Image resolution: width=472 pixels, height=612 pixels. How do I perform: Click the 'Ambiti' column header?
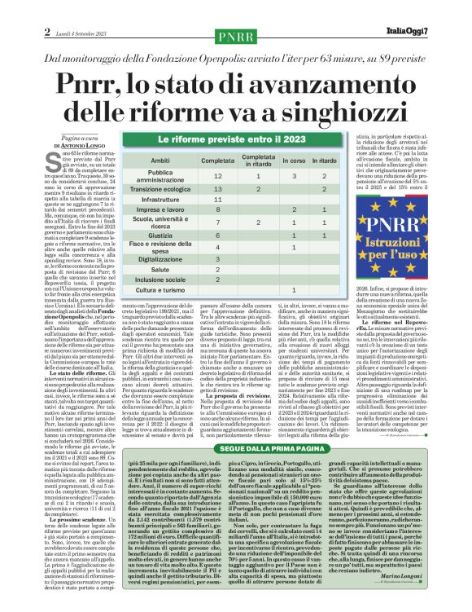(160, 161)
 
